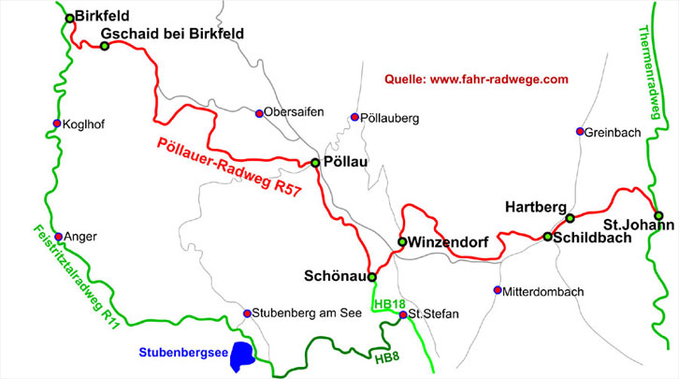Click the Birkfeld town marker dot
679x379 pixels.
[69, 18]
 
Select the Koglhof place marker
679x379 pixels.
[57, 124]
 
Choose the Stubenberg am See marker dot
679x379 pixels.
[247, 313]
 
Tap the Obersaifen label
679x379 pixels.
[294, 112]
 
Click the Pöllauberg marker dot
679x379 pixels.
[354, 118]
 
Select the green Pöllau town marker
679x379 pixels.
[315, 163]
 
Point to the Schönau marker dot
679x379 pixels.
[371, 277]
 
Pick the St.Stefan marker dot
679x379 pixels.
[403, 314]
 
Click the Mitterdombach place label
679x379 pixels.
[543, 292]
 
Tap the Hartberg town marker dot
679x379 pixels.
[570, 218]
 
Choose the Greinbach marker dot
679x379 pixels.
[580, 131]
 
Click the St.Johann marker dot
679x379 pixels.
[658, 215]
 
